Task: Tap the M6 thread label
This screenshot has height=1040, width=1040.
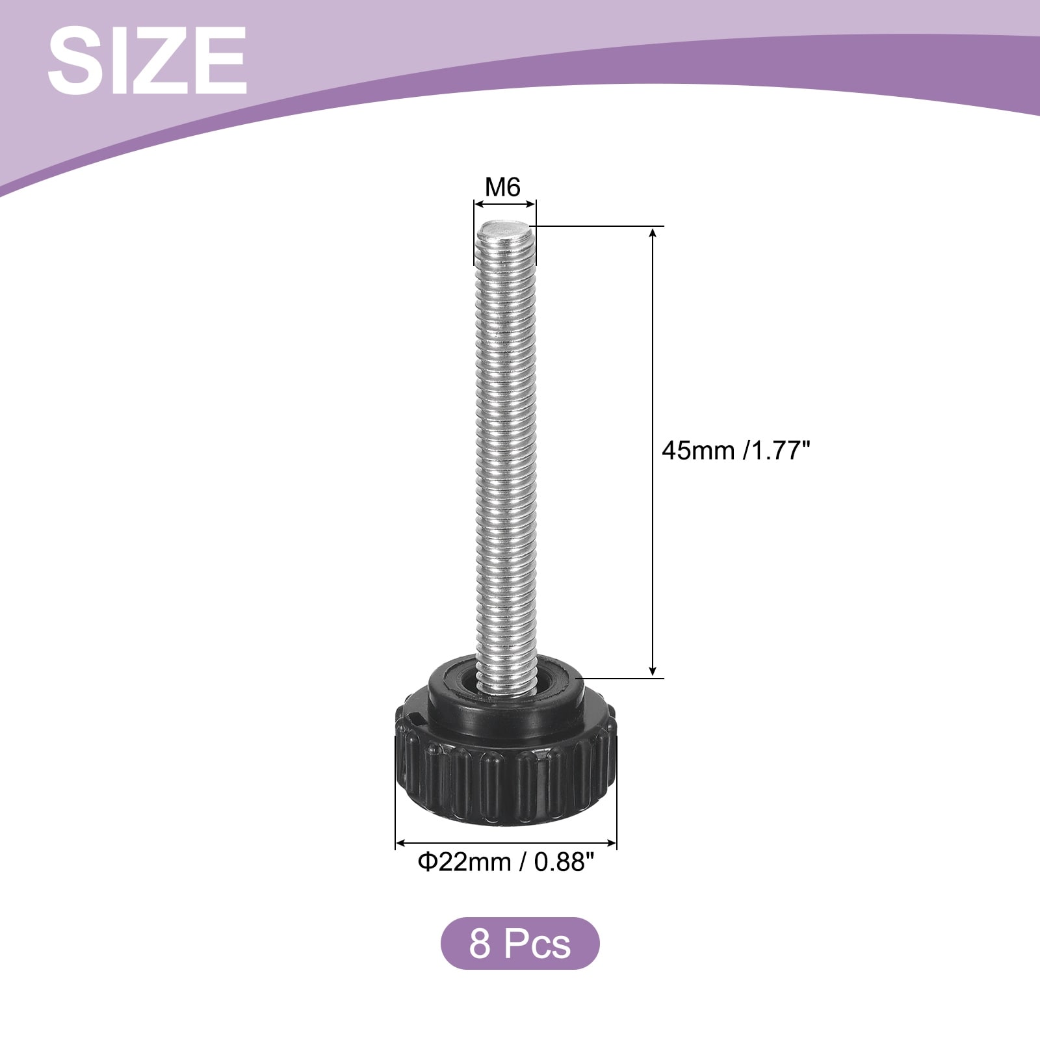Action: [503, 187]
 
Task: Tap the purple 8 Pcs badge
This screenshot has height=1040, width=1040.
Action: [520, 943]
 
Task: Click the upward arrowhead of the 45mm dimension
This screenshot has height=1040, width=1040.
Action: [653, 233]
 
